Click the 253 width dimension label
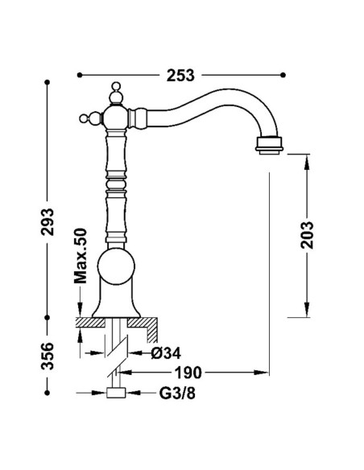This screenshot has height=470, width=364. [x=180, y=75]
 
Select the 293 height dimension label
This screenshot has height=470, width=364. [x=48, y=222]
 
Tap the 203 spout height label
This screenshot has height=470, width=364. [x=307, y=235]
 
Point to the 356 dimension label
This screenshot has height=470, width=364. [x=48, y=356]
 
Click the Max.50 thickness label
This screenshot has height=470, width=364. [x=81, y=256]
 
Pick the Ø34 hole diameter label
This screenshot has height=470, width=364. [x=166, y=353]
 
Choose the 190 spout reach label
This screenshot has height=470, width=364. [x=188, y=373]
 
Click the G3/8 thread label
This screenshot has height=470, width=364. [x=177, y=394]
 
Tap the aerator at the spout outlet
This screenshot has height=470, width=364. [x=269, y=146]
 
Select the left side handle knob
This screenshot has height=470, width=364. [x=91, y=117]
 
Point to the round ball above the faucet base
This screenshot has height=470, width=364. [x=116, y=266]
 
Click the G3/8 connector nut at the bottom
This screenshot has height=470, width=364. [x=116, y=393]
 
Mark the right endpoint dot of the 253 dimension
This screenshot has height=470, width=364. [x=283, y=75]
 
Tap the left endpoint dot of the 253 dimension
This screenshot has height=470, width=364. [x=80, y=75]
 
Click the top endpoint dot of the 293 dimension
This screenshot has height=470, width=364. [x=47, y=82]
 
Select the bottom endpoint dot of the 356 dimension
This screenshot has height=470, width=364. [x=47, y=393]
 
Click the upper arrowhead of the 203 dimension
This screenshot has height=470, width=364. [x=307, y=162]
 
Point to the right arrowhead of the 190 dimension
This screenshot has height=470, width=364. [x=261, y=373]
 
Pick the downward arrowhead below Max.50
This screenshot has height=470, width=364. [x=80, y=309]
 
